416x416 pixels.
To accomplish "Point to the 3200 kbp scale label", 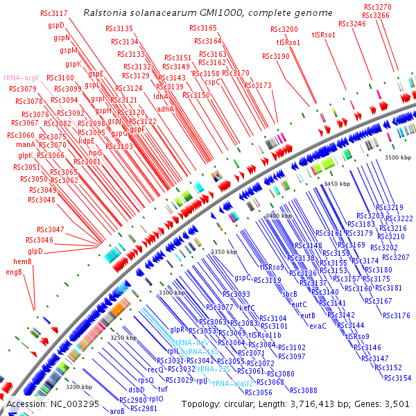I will (79, 387).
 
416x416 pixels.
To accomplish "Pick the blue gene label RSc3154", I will (398, 378).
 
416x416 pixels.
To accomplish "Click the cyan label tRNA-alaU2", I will (232, 383).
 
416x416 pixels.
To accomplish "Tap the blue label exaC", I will (318, 326).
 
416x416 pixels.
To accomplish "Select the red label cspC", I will (213, 82).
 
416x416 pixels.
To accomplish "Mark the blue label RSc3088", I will (304, 390).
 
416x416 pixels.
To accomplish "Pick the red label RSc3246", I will (352, 24).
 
